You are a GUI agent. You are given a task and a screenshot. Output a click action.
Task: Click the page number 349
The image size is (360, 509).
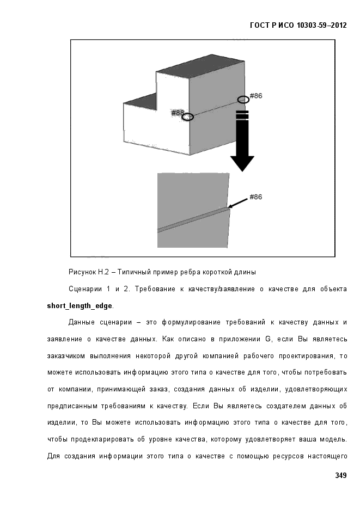tap(341, 475)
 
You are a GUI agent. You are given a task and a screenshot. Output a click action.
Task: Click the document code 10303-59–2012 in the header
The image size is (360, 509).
tap(322, 26)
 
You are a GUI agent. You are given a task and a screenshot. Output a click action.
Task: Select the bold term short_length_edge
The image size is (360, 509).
tap(80, 306)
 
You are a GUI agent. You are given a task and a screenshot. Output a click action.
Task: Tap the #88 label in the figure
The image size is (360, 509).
tap(177, 113)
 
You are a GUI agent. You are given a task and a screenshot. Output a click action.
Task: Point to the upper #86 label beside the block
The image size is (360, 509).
tap(256, 96)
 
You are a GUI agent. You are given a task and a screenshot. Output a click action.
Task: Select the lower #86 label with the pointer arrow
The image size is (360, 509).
tap(256, 197)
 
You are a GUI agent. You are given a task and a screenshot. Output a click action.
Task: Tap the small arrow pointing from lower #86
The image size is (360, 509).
tap(237, 203)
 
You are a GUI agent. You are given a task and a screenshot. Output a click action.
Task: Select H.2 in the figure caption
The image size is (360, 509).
tap(103, 272)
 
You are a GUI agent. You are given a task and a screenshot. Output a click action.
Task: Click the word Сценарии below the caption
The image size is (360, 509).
tap(85, 289)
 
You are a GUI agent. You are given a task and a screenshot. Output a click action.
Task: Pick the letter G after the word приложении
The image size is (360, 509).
tap(268, 339)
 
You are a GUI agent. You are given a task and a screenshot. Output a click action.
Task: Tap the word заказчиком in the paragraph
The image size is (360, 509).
tap(66, 356)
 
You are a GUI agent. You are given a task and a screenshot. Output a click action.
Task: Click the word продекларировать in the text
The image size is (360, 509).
tap(102, 439)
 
